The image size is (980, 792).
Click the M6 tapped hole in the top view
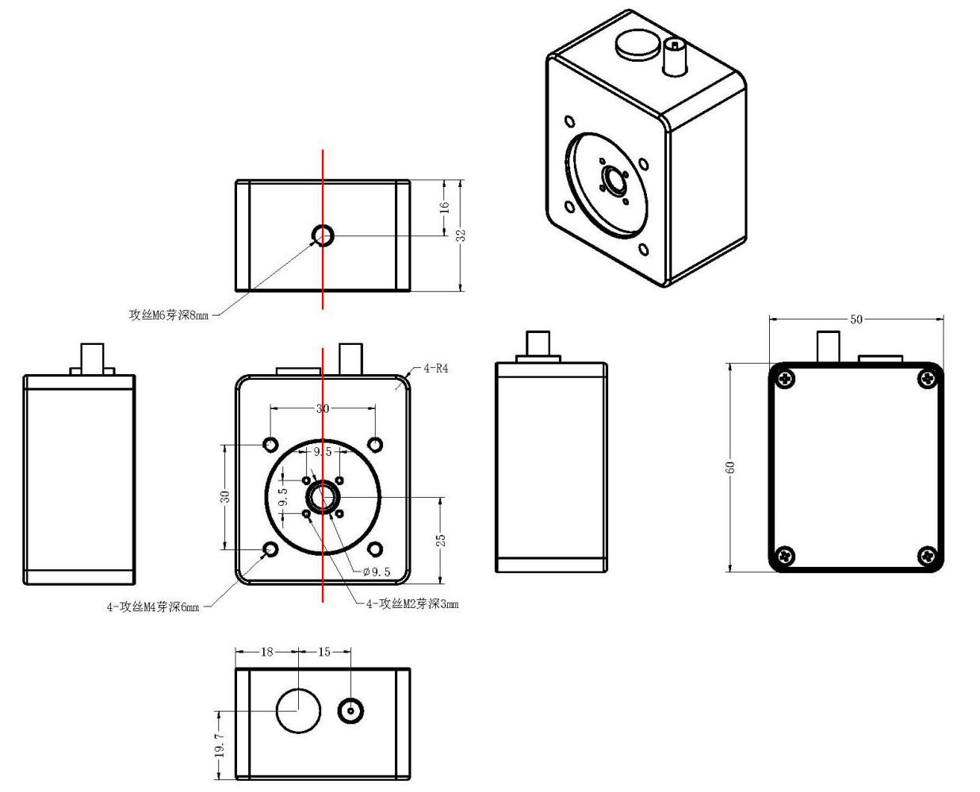click(323, 235)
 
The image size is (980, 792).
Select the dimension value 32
click(461, 235)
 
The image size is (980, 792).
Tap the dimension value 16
click(445, 207)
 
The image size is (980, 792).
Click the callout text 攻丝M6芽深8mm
click(169, 315)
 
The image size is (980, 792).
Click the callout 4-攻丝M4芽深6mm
click(153, 607)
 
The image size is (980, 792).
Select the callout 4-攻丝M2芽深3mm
click(412, 604)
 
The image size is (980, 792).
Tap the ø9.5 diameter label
click(376, 572)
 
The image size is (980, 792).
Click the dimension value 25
click(442, 539)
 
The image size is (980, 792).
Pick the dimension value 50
click(856, 319)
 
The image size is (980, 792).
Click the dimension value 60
click(730, 466)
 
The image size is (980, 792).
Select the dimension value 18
click(266, 652)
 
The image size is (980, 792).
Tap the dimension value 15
click(323, 652)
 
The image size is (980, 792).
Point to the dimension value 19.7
click(220, 745)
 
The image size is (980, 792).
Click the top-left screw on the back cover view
click(786, 379)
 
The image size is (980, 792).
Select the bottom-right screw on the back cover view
click(926, 556)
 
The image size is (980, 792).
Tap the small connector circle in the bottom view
click(351, 710)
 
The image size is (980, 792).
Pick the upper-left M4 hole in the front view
click(270, 444)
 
